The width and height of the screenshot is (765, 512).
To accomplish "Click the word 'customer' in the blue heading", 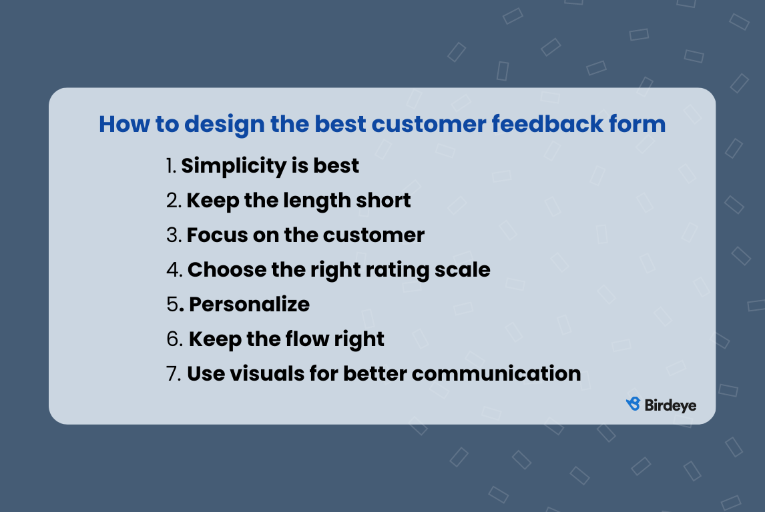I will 431,124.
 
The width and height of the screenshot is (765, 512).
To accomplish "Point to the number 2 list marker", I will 173,201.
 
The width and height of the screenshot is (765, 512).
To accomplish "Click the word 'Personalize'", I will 249,305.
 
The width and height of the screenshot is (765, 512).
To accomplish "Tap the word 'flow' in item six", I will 306,339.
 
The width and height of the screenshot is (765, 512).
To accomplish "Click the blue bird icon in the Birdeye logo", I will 633,404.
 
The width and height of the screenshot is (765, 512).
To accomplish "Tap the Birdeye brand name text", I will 671,405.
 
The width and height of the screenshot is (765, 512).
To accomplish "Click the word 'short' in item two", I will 385,200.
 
